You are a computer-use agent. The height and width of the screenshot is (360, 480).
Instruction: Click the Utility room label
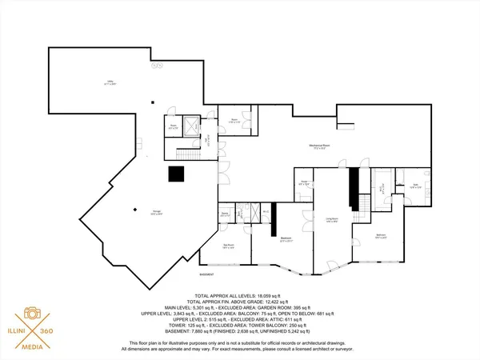point(110,82)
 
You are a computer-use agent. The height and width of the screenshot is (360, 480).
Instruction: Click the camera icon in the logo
point(33,314)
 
